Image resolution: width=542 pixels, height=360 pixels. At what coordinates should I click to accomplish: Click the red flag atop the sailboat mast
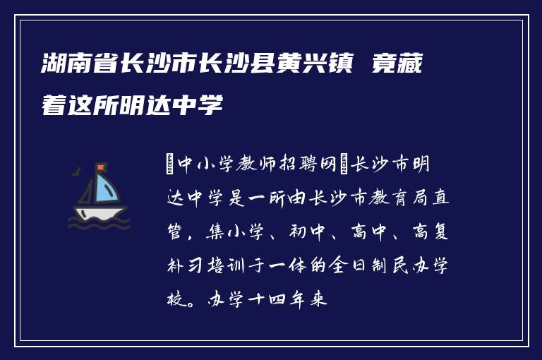(101, 167)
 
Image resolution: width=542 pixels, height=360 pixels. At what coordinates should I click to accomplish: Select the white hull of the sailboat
(98, 212)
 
